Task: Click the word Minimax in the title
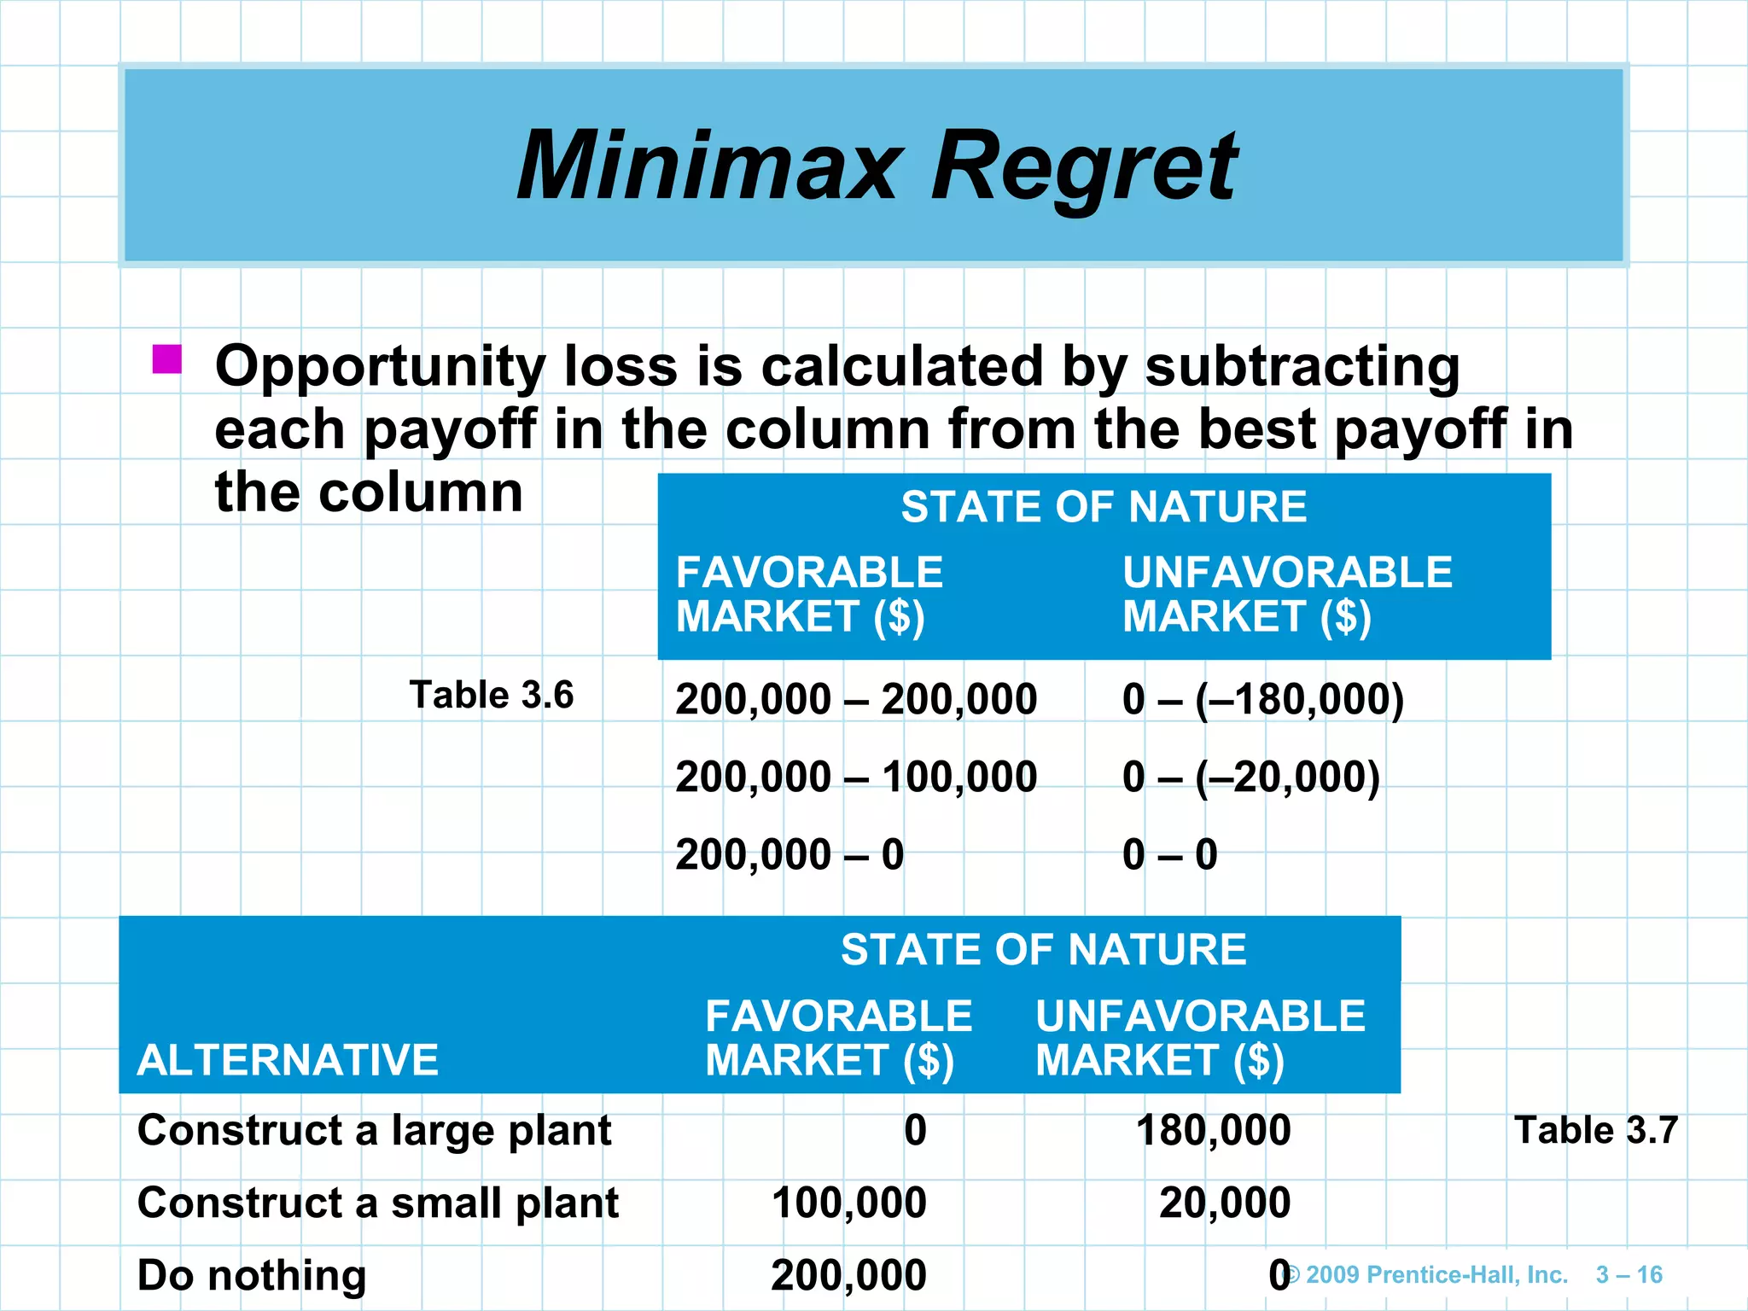tap(708, 166)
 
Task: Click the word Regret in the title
tap(1084, 166)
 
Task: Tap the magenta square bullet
tap(167, 359)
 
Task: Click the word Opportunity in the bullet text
tap(380, 367)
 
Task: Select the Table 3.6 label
tap(492, 695)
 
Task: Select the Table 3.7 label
tap(1596, 1130)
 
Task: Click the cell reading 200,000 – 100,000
tap(856, 777)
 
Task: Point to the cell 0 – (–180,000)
tap(1263, 700)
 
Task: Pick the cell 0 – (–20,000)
tap(1251, 777)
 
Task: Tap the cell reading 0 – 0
tap(1170, 854)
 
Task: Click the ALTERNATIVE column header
tap(288, 1060)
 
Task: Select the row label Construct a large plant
tap(374, 1130)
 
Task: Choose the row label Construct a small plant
tap(377, 1203)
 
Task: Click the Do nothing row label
tap(252, 1275)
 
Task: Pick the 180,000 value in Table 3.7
tap(1213, 1130)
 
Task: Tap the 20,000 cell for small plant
tap(1225, 1203)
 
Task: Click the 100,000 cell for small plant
tap(849, 1203)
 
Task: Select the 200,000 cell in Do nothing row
tap(849, 1275)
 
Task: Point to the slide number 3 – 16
tap(1629, 1275)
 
